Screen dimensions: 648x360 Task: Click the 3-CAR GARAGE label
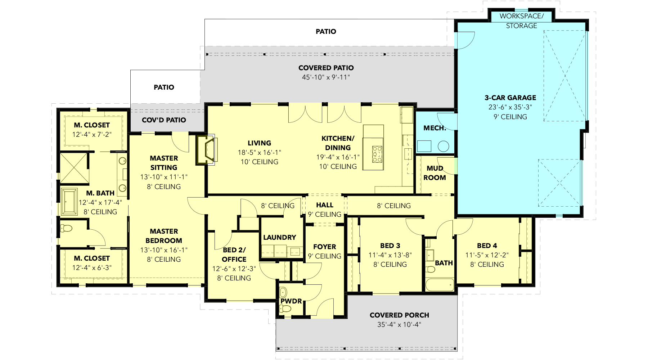pos(510,98)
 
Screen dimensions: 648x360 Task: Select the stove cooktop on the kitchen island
pos(377,154)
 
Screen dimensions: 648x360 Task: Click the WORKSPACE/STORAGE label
pos(522,21)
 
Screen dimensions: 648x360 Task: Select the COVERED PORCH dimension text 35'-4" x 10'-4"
pos(399,324)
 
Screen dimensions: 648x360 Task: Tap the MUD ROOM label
pos(435,173)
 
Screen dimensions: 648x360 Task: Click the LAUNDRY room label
pos(279,237)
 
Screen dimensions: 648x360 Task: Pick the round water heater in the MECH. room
pos(444,146)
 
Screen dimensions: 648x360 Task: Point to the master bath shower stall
pos(74,168)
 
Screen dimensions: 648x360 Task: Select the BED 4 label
pos(487,246)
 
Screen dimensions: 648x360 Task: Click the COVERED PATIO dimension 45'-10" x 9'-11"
pos(326,77)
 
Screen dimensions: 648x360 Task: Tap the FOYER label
pos(324,247)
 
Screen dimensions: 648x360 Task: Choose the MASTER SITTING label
pos(164,163)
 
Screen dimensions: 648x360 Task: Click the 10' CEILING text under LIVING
pos(259,162)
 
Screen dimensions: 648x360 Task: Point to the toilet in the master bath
pos(66,228)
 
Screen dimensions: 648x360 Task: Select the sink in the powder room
pos(283,292)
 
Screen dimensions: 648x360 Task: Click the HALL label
pos(325,205)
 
